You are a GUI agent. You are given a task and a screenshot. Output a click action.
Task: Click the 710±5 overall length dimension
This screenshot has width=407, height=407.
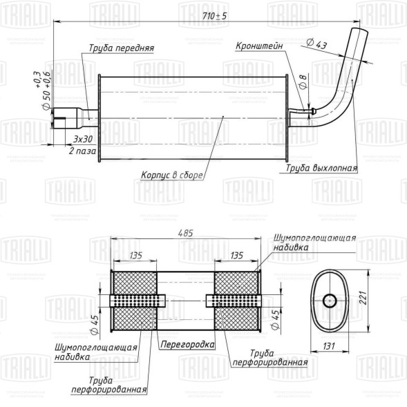[214, 16]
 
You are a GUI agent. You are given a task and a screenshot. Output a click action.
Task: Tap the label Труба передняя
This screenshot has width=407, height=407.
[122, 48]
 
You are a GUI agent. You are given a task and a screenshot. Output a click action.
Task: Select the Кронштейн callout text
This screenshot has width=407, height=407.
[259, 46]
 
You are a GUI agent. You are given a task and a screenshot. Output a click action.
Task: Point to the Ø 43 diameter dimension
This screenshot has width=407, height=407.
[316, 44]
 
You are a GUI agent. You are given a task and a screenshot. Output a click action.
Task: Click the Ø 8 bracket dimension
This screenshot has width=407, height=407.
[303, 82]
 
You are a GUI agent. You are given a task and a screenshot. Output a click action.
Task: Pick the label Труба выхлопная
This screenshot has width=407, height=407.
[321, 168]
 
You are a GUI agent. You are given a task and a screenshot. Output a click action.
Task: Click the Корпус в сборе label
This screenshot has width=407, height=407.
[171, 175]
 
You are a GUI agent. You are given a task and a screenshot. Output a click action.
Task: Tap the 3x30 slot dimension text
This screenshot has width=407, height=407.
[83, 139]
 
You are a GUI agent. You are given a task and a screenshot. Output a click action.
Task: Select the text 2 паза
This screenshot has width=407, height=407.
[82, 151]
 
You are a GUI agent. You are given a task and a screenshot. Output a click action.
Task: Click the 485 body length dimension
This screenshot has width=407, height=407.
[185, 233]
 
